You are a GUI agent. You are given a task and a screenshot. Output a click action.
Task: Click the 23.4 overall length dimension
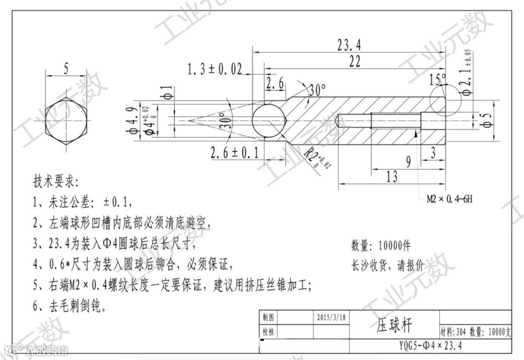[x=349, y=45]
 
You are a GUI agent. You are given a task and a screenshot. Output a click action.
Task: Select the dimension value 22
[x=355, y=61]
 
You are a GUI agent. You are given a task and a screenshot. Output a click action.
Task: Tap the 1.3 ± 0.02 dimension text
[x=214, y=69]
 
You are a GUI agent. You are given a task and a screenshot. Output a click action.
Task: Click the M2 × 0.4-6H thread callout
[x=449, y=199]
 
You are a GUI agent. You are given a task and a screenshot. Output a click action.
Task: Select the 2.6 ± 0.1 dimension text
[x=234, y=153]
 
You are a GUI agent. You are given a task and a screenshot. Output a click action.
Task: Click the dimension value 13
[x=392, y=177]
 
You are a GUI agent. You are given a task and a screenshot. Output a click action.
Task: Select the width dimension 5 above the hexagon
[x=66, y=69]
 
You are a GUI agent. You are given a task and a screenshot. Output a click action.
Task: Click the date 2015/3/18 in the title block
[x=331, y=317]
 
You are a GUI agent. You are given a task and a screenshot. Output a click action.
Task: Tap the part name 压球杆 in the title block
[x=394, y=325]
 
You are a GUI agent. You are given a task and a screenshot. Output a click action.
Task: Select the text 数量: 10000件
[x=381, y=245]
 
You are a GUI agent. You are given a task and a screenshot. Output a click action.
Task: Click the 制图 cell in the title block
[x=268, y=317]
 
